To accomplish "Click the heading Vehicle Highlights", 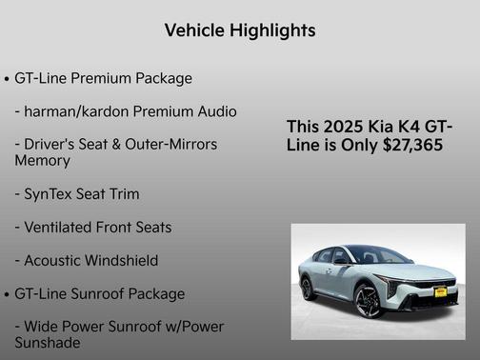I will (x=240, y=30).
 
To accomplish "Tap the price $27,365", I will (x=411, y=145).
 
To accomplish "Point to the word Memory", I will (x=42, y=161).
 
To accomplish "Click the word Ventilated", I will (x=61, y=228).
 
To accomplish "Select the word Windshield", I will (x=123, y=260).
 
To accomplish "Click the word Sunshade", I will (x=48, y=343).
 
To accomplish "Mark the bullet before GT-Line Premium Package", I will (x=8, y=79).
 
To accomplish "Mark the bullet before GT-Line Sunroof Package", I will (x=8, y=294).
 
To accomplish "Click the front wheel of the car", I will (x=369, y=301).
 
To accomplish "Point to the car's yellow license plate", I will (x=440, y=292).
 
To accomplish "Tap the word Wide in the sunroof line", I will (x=44, y=327).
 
